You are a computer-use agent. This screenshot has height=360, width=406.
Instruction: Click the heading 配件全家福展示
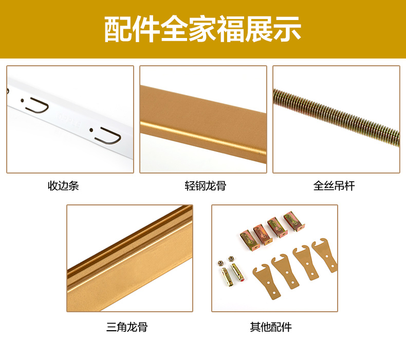coord(202,29)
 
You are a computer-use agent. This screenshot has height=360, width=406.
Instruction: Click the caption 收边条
coord(63,186)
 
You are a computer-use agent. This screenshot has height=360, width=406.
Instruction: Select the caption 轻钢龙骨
coord(206,186)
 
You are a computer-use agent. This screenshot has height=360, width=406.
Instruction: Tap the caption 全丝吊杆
coord(334,186)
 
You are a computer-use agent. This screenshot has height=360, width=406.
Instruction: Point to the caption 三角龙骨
coord(127,327)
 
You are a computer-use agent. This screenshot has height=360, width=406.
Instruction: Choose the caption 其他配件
coord(271,327)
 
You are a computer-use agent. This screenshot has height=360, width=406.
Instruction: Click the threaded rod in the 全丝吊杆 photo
coord(336,117)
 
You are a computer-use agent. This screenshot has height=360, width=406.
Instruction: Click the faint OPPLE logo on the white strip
coord(69,120)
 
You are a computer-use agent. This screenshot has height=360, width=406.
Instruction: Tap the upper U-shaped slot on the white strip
coord(38,105)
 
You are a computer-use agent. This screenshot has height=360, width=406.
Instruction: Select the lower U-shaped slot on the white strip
coord(109,136)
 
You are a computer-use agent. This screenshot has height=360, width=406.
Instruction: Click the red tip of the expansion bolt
coord(242,279)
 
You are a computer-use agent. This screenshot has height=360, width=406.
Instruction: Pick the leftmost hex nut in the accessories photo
coord(221,263)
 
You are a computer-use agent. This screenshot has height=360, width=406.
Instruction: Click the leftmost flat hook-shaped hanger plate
coord(267,281)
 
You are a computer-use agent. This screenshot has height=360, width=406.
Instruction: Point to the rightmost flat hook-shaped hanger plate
coord(325,255)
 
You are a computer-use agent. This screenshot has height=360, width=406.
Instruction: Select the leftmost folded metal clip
coord(250,240)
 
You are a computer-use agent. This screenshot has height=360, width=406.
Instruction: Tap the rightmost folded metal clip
coord(294,221)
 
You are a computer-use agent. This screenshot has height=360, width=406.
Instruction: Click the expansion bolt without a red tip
coord(226,276)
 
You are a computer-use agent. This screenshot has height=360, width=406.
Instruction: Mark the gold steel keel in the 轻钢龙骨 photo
coord(204,124)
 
